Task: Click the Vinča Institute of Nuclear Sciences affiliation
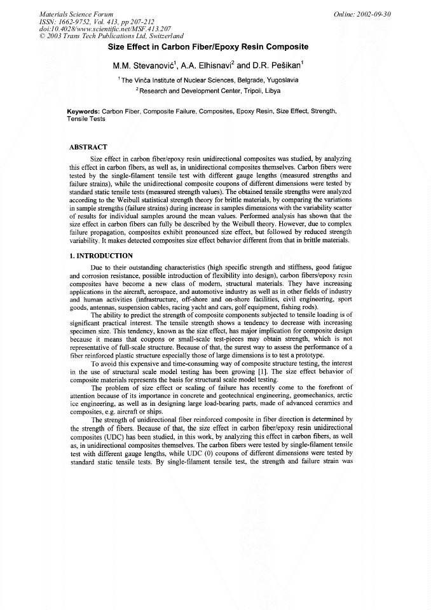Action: (x=200, y=81)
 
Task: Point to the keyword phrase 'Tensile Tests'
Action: (x=86, y=119)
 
